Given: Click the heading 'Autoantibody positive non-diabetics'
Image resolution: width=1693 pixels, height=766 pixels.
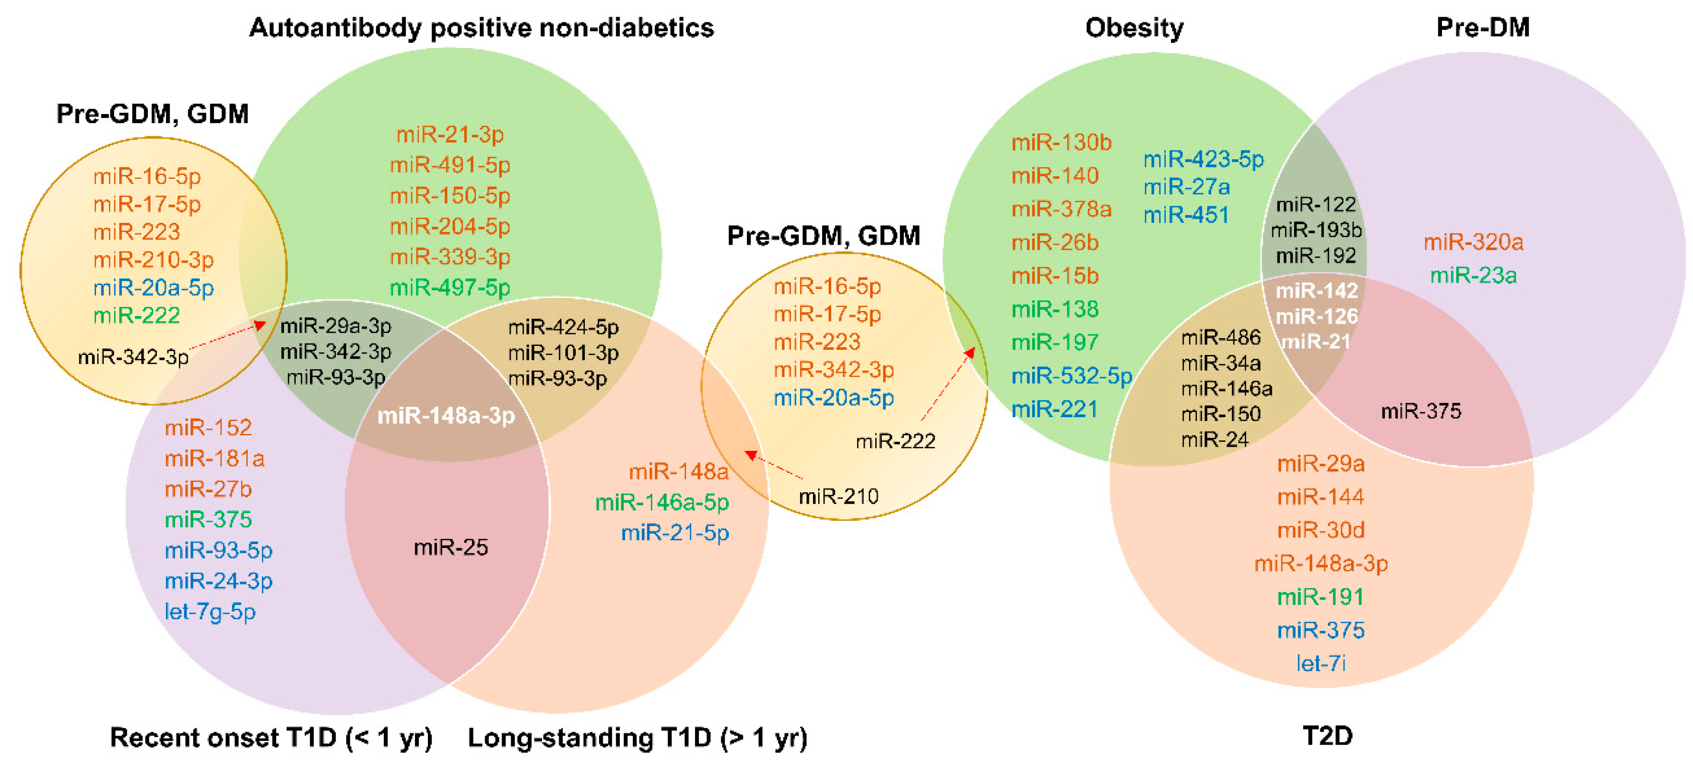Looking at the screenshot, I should click(x=481, y=28).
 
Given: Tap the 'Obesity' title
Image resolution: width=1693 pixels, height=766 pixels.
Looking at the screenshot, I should click(x=1134, y=28).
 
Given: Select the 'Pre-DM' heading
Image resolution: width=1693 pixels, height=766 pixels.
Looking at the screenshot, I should click(x=1483, y=28).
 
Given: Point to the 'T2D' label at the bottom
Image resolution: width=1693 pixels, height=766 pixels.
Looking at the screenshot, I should click(x=1327, y=736).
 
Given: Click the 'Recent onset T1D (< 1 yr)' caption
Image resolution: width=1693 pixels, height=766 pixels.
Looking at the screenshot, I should click(x=271, y=738).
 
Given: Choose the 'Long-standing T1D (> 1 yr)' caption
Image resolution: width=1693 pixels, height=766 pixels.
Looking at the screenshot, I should click(x=637, y=738).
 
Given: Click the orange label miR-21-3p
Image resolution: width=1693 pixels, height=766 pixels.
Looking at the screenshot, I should click(x=450, y=134).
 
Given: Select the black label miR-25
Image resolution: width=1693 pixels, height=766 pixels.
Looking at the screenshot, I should click(x=451, y=547).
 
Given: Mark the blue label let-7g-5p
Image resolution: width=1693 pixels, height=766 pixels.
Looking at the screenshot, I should click(x=210, y=612).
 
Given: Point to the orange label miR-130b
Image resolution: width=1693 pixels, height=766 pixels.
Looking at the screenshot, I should click(x=1061, y=143).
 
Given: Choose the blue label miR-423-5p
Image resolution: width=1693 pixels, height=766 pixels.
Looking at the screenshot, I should click(x=1203, y=159).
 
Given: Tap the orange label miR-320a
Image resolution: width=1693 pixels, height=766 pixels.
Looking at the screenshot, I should click(x=1473, y=242).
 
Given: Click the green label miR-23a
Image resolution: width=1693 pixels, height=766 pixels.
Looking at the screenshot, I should click(x=1473, y=275).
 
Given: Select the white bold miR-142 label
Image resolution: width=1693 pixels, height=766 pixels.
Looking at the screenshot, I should click(x=1316, y=290).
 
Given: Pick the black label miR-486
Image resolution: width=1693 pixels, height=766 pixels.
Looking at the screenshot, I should click(x=1220, y=338).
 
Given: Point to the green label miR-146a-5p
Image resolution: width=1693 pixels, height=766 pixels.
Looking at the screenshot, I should click(x=662, y=503).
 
